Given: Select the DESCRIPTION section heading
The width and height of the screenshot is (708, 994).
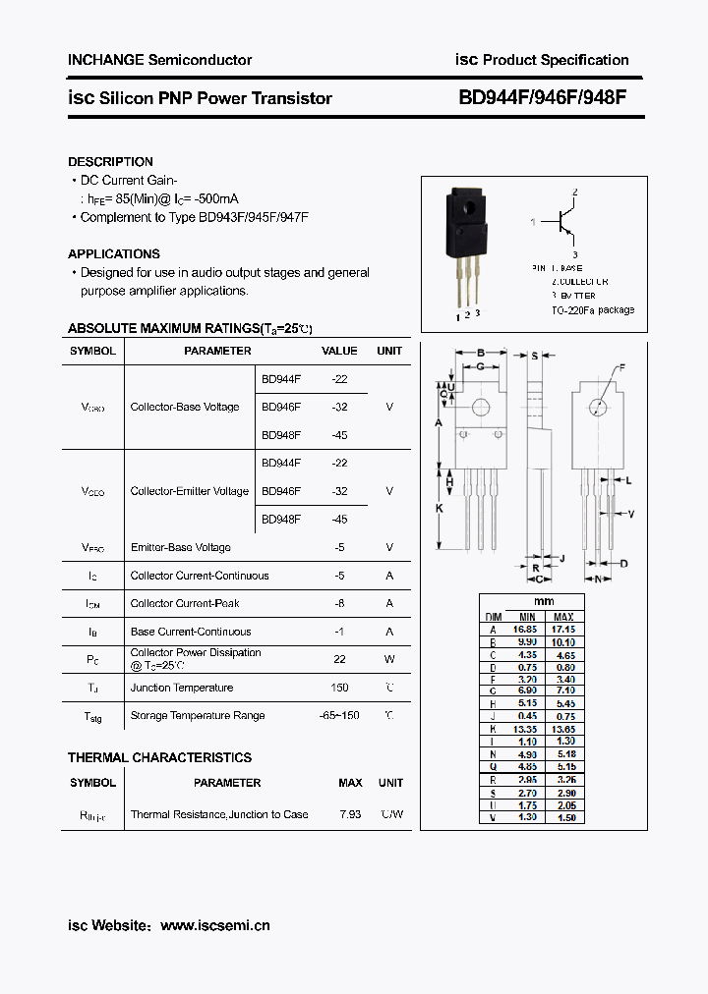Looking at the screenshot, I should click(110, 162).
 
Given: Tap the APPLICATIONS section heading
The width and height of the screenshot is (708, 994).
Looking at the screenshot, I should click(114, 253).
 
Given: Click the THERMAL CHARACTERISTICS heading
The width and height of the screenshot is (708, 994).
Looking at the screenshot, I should click(159, 757).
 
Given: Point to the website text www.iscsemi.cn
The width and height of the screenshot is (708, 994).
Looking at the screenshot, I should click(214, 925).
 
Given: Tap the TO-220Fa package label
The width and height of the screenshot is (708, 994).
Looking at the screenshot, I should click(592, 309).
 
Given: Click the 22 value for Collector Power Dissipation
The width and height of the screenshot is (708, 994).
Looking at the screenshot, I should click(340, 659).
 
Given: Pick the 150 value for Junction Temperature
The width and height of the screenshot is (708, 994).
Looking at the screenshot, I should click(340, 688).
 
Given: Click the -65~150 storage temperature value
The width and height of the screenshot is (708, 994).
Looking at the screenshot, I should click(338, 715).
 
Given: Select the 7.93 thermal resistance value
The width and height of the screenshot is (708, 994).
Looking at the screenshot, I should click(349, 814).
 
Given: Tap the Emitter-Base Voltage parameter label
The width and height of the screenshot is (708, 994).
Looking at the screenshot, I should click(180, 547).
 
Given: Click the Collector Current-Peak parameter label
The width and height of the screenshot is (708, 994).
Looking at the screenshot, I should click(185, 603).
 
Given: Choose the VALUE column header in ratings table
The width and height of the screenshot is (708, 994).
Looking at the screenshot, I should click(340, 351).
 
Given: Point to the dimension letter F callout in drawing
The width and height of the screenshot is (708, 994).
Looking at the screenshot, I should click(620, 368).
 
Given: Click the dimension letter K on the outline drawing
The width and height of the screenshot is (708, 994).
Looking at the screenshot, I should click(440, 508).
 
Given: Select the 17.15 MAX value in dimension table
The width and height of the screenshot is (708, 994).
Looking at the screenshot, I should click(563, 629).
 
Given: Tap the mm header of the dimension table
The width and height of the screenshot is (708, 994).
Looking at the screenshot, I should click(544, 601).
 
